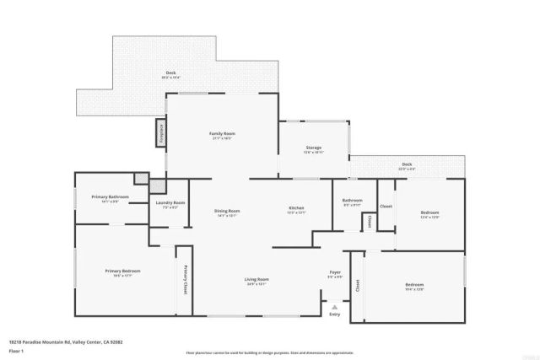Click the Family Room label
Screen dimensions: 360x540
click(x=222, y=133)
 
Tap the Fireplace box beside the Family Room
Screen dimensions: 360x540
click(x=159, y=132)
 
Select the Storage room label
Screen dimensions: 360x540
click(x=313, y=148)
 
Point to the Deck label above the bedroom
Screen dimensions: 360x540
click(x=407, y=165)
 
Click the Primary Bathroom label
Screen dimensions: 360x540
click(x=110, y=197)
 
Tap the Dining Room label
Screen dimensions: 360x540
click(x=227, y=211)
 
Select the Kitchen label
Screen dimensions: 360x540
click(x=296, y=207)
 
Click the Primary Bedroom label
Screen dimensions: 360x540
click(x=122, y=271)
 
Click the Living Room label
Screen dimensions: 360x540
click(x=257, y=279)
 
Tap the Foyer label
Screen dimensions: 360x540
click(x=335, y=272)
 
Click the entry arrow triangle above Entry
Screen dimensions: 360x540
click(x=335, y=304)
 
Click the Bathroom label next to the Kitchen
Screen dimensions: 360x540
click(x=352, y=200)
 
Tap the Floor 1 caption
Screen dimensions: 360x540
click(x=16, y=349)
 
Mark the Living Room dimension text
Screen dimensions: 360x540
click(x=257, y=284)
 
